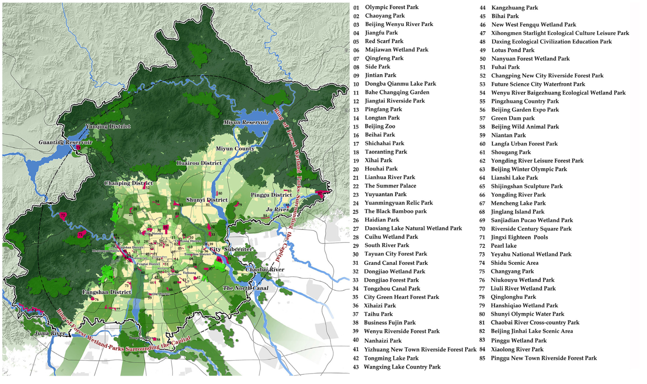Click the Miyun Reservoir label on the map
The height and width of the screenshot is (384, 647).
(246, 122)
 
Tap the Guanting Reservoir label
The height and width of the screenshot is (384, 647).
(65, 142)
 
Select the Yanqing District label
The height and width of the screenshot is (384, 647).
(108, 126)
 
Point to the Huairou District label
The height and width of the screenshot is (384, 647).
(199, 163)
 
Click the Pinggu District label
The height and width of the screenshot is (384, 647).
(271, 195)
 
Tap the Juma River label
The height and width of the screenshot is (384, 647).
(50, 333)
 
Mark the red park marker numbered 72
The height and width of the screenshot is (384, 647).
(63, 215)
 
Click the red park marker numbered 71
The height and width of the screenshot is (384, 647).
(81, 235)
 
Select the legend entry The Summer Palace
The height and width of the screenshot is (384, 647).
(390, 186)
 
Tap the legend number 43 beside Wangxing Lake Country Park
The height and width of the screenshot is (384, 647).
(356, 367)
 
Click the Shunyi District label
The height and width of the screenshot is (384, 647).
(207, 200)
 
